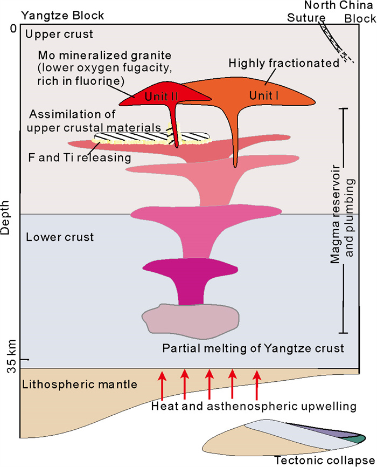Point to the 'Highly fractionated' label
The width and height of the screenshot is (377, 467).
pyautogui.click(x=284, y=63)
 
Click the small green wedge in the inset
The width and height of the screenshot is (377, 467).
pyautogui.click(x=351, y=439)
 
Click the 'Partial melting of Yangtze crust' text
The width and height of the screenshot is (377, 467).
pyautogui.click(x=253, y=347)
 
